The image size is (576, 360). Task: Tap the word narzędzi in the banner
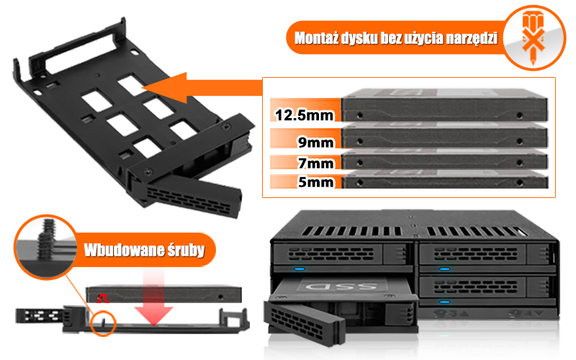pos(464,37)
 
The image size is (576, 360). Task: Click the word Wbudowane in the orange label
pos(120,251)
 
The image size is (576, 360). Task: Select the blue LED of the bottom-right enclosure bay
pos(444,302)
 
